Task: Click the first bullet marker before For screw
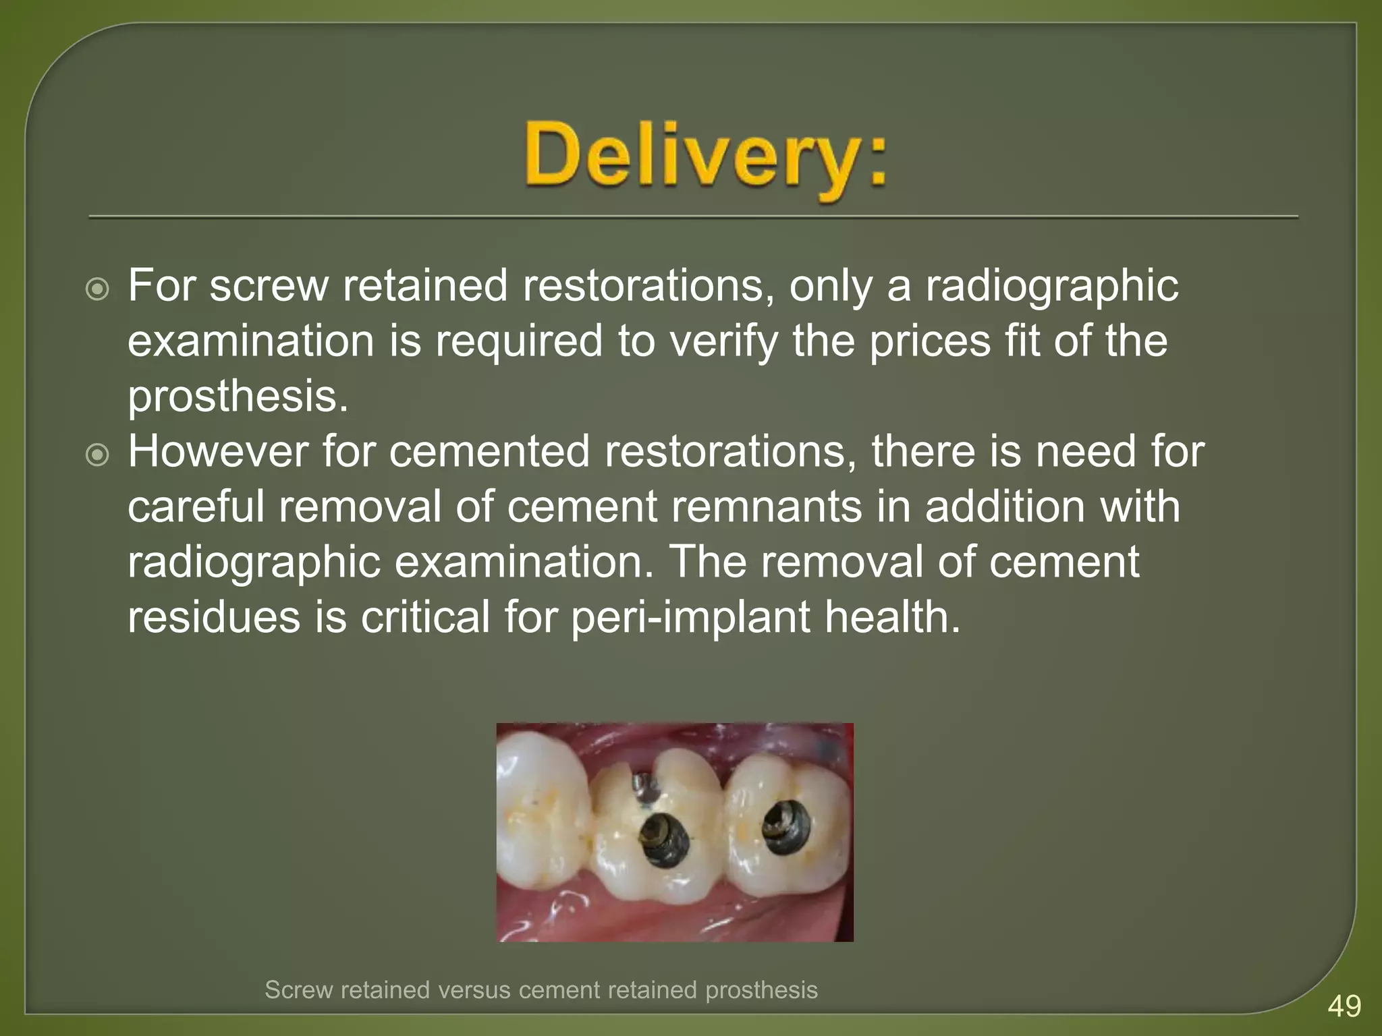(99, 290)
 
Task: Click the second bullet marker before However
(99, 456)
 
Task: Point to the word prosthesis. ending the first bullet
(238, 397)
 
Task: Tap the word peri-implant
(690, 617)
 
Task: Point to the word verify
(723, 341)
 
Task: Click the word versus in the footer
(474, 990)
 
